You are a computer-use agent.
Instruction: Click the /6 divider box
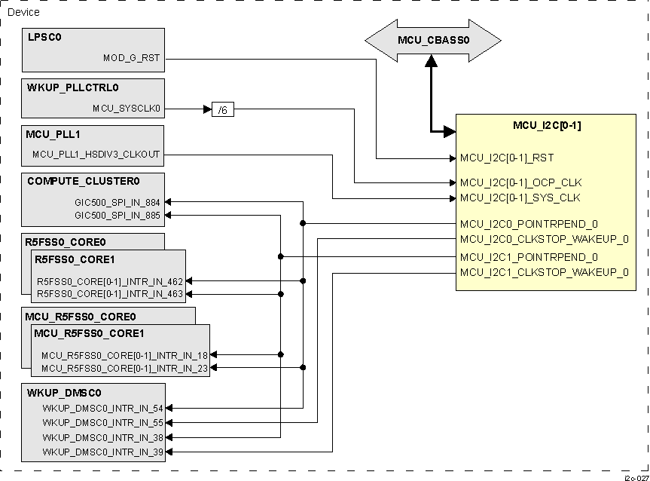tap(223, 109)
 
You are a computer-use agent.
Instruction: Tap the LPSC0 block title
tap(44, 37)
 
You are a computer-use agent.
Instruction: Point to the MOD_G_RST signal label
tap(132, 57)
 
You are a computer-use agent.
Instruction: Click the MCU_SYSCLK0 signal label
tap(127, 109)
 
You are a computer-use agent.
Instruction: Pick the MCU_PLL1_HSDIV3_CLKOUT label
tap(96, 155)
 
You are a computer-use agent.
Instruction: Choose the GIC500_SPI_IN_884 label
tap(117, 202)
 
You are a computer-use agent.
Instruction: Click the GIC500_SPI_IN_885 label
tap(117, 215)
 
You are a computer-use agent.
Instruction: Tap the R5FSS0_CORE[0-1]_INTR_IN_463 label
tap(110, 294)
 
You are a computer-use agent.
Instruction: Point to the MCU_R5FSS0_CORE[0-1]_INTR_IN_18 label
tap(124, 354)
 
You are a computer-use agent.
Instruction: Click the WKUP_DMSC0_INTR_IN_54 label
tap(102, 408)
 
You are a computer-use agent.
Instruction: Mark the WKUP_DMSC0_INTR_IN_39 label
tap(102, 452)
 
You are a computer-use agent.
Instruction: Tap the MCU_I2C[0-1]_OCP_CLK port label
tap(521, 183)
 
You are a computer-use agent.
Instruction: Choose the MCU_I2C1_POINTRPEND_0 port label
tap(529, 257)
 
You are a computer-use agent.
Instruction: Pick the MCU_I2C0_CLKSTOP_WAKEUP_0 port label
tap(544, 239)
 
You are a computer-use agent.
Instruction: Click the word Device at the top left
tap(23, 13)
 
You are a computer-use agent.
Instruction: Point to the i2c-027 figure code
tap(636, 477)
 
